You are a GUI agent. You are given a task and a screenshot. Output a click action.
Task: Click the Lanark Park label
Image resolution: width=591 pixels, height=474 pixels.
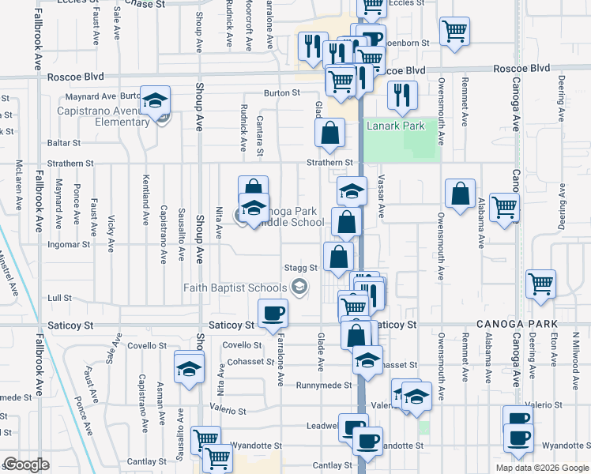(x=394, y=126)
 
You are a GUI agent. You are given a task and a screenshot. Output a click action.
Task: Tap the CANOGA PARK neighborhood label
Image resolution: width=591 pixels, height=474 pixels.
(x=517, y=325)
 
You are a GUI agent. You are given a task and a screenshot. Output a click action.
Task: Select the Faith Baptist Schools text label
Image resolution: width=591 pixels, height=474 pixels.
(x=235, y=288)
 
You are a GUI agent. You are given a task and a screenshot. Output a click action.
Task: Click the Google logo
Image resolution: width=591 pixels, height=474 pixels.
(x=26, y=465)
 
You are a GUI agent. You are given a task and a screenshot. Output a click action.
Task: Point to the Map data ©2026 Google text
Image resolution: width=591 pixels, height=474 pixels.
(x=541, y=468)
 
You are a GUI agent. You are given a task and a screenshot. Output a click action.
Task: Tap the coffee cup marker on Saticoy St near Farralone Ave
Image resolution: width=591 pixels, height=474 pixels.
(x=273, y=313)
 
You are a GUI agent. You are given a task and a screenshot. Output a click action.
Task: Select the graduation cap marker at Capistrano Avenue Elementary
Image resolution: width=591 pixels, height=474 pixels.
(x=156, y=100)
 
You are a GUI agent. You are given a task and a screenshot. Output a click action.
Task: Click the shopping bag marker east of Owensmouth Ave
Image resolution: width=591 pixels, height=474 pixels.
(x=460, y=194)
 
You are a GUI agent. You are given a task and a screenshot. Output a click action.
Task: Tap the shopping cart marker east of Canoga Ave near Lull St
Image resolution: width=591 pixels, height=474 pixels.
(x=540, y=284)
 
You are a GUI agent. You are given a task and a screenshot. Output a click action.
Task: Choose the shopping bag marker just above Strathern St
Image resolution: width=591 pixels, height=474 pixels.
(x=329, y=134)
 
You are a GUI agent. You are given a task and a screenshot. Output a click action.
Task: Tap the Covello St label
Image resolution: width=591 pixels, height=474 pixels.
(x=242, y=345)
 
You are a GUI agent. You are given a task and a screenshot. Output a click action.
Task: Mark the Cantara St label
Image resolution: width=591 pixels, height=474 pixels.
(x=259, y=135)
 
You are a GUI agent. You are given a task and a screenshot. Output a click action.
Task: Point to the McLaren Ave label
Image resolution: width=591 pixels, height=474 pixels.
(x=19, y=186)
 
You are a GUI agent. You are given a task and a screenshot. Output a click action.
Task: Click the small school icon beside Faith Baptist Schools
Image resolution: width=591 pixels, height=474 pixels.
(x=299, y=288)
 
